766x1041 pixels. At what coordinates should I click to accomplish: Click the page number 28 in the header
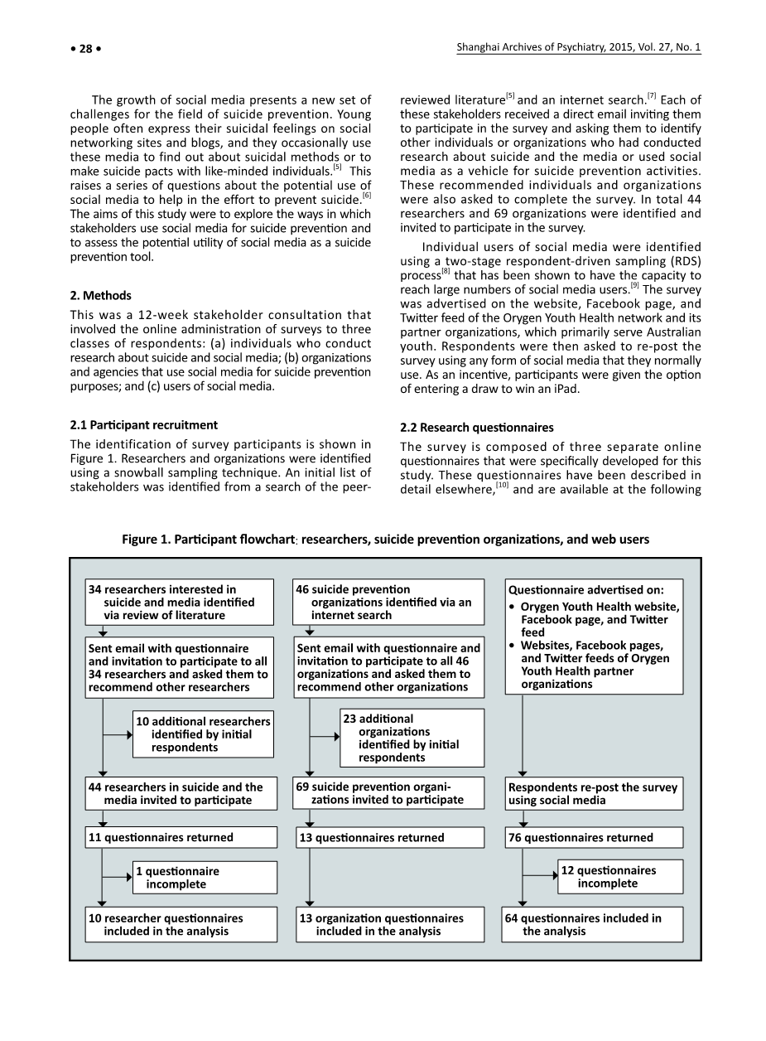coord(84,48)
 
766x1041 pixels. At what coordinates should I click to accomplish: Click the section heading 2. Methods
coord(100,295)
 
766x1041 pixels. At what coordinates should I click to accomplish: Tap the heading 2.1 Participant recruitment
coord(144,425)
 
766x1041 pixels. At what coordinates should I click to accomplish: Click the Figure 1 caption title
coord(385,540)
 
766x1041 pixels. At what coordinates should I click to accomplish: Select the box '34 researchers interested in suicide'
coord(179,602)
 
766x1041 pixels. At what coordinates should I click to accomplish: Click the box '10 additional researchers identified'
coord(203,734)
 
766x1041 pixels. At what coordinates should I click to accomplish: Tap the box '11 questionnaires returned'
coord(181,837)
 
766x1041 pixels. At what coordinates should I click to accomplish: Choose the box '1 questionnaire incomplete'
coord(205,877)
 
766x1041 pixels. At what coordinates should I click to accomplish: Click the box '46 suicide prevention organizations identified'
coord(389,602)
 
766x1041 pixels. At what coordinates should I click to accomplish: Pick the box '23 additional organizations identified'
coord(412,738)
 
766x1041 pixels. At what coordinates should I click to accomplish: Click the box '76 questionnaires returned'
coord(593,837)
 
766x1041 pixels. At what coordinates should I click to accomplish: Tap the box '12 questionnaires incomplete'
coord(621,876)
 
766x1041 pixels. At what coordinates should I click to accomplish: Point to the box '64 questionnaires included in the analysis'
coord(594,924)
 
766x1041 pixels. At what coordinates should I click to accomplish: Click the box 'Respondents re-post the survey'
coord(594,793)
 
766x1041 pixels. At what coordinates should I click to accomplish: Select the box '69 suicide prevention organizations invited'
coord(389,793)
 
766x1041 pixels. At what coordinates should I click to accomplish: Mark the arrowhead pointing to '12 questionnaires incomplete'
coord(555,875)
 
